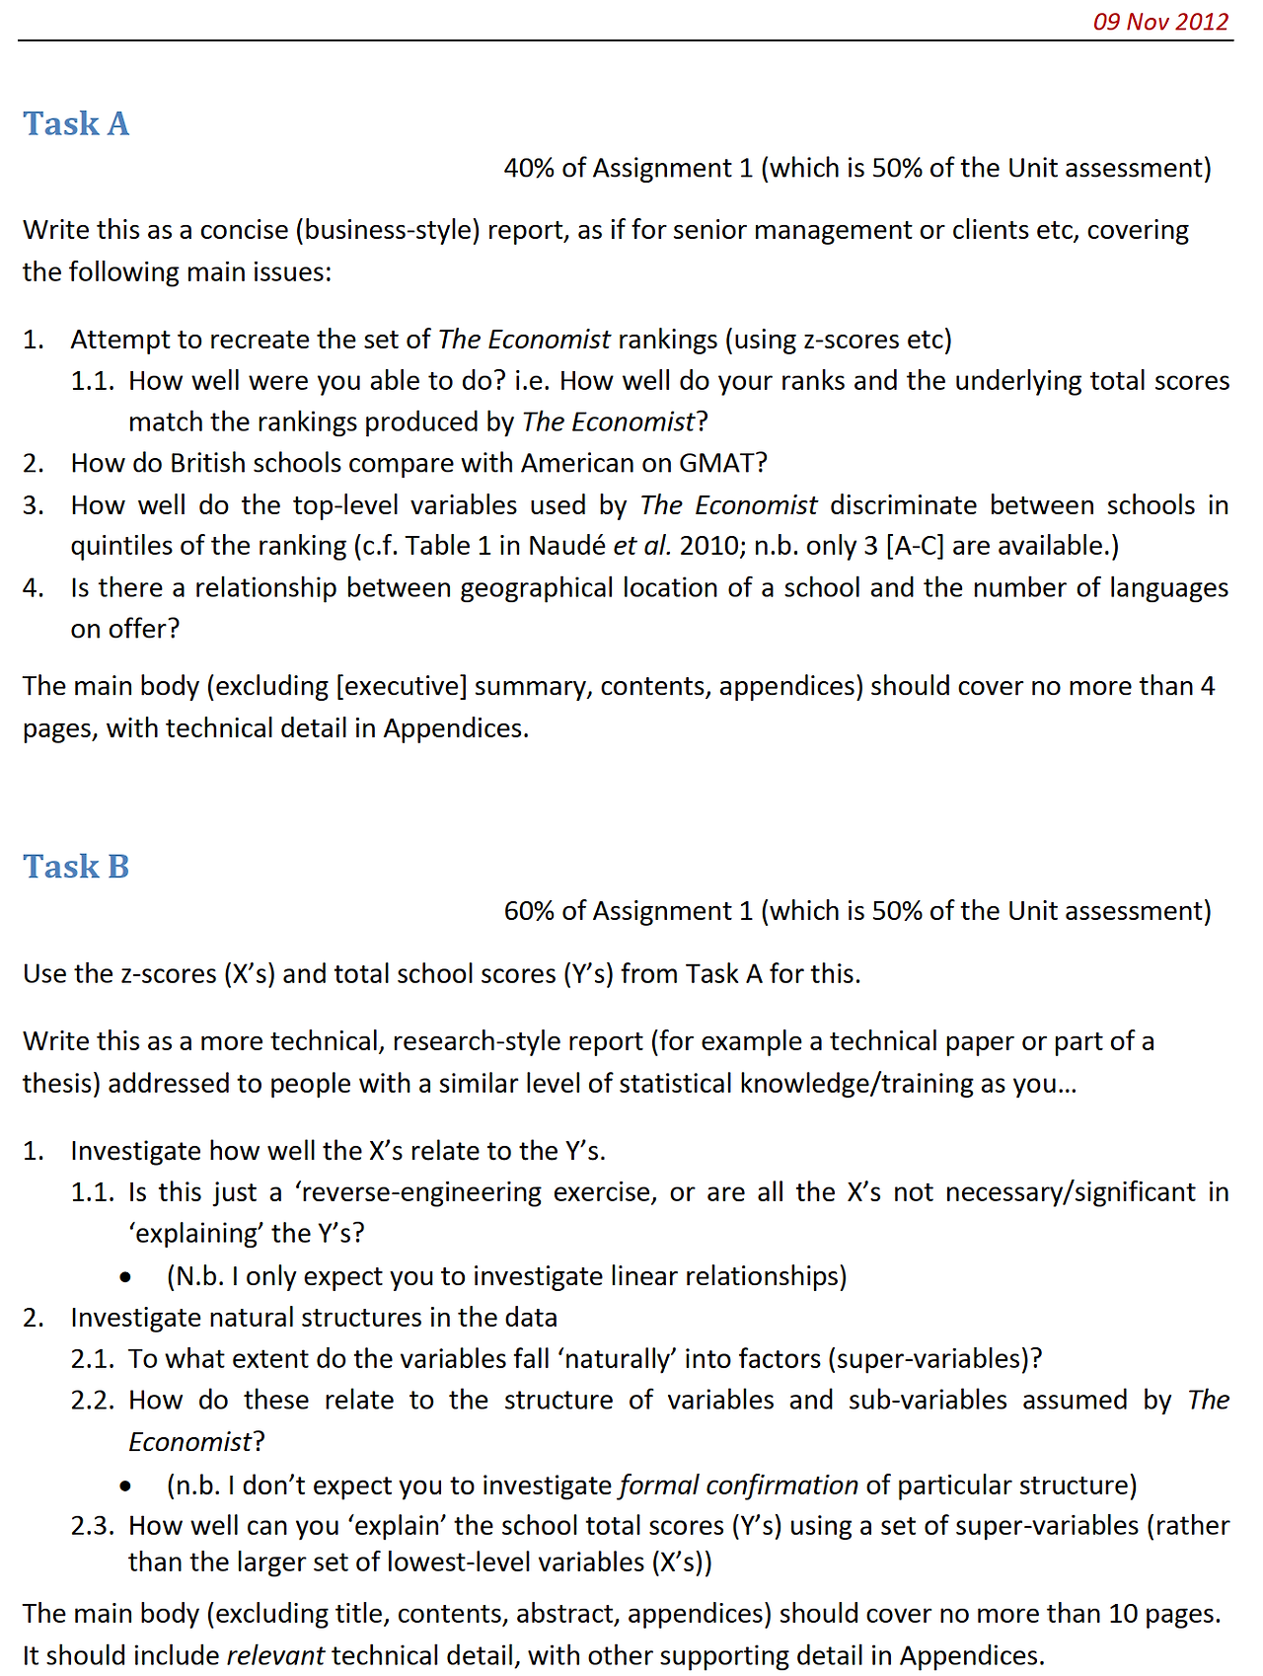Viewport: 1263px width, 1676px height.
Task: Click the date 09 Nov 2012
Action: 1160,22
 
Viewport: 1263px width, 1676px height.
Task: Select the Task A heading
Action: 76,123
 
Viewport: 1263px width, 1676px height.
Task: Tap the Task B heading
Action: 76,867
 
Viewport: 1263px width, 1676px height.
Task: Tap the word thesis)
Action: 61,1083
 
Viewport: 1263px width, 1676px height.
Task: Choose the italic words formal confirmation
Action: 738,1485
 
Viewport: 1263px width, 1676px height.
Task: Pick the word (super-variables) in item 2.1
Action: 935,1358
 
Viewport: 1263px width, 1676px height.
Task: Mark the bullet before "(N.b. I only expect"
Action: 125,1277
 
